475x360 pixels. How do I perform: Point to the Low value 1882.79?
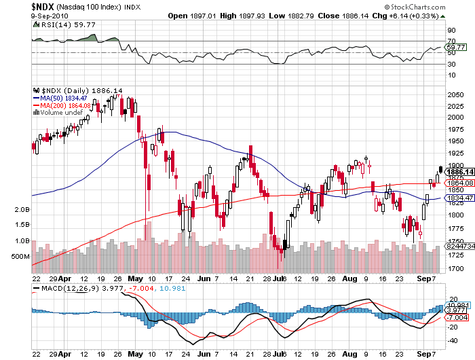coord(310,15)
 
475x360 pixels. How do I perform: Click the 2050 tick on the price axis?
coord(455,95)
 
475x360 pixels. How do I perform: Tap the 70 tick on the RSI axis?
coord(449,41)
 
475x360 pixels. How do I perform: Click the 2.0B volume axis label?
coord(21,211)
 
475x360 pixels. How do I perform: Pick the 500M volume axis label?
coord(20,257)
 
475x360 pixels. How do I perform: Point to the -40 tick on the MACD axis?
coord(451,339)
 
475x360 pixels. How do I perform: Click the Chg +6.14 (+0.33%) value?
coord(412,15)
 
